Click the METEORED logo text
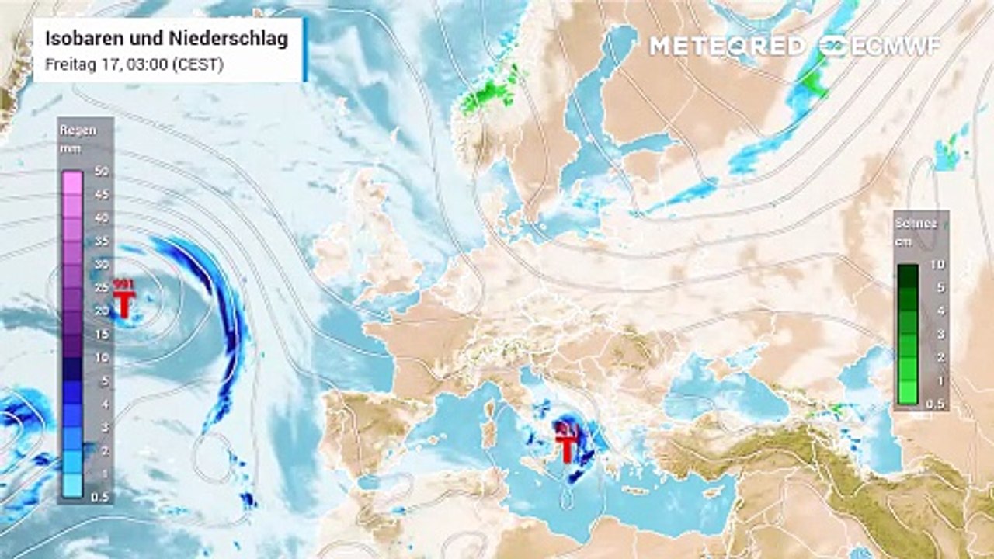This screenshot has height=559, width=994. [x=727, y=47]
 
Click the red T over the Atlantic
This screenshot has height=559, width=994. [x=123, y=304]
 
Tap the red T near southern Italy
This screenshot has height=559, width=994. [x=568, y=447]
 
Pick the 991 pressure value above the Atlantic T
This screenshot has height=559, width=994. [x=123, y=284]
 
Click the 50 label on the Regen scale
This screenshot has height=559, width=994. [x=101, y=171]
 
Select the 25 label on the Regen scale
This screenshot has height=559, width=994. [x=101, y=288]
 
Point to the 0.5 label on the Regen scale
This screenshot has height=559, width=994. [x=99, y=497]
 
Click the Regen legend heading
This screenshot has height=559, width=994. [x=78, y=130]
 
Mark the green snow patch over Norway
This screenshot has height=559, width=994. [x=491, y=95]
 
